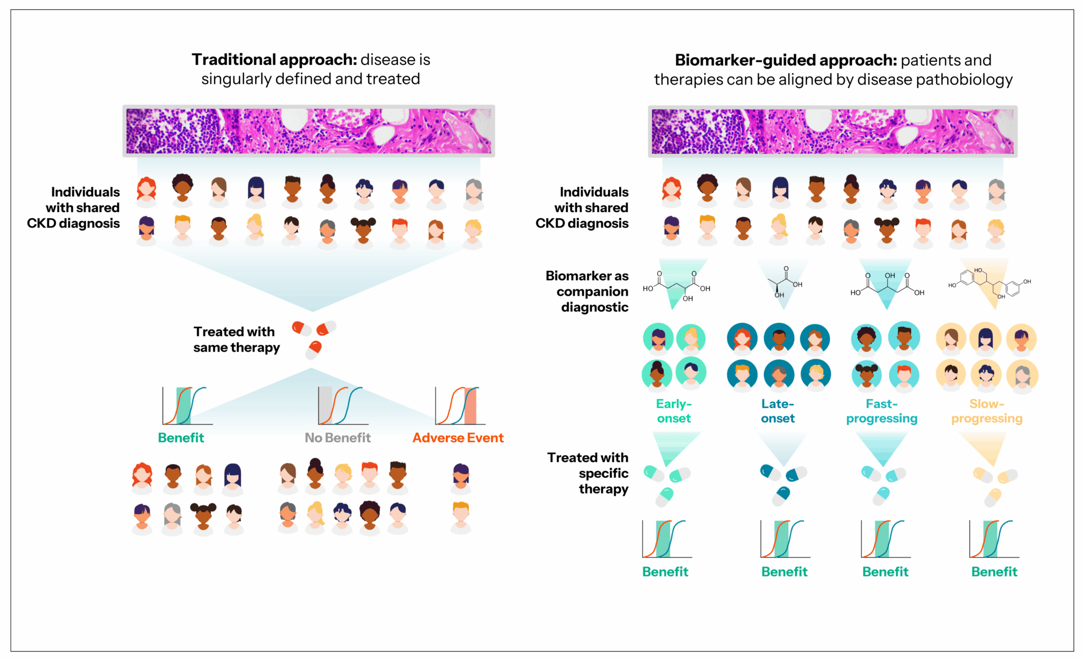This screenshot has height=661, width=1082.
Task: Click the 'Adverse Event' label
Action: pos(458,438)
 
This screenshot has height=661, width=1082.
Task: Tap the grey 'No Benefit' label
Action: pos(338,438)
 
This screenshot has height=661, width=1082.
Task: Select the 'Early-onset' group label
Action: pos(674,411)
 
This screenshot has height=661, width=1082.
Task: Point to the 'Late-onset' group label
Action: pos(778,411)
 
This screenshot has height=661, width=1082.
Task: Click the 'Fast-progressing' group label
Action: pos(882,411)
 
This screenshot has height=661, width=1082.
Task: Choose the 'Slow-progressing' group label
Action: pos(987,411)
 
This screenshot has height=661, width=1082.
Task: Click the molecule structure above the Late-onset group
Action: pos(784,282)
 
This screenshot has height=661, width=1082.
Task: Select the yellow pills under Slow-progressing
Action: pos(995,485)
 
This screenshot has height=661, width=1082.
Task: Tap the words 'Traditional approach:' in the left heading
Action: pos(274,60)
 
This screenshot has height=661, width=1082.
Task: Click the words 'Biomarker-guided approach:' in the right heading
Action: pos(786,60)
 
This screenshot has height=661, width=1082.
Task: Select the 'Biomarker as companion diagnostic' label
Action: pos(587,291)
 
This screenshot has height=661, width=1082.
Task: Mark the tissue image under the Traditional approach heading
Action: pos(309,131)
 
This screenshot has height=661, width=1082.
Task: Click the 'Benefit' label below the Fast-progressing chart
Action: pos(885,572)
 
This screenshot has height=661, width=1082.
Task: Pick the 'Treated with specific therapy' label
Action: pos(589,473)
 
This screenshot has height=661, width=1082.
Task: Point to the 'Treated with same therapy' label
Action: pos(236,339)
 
